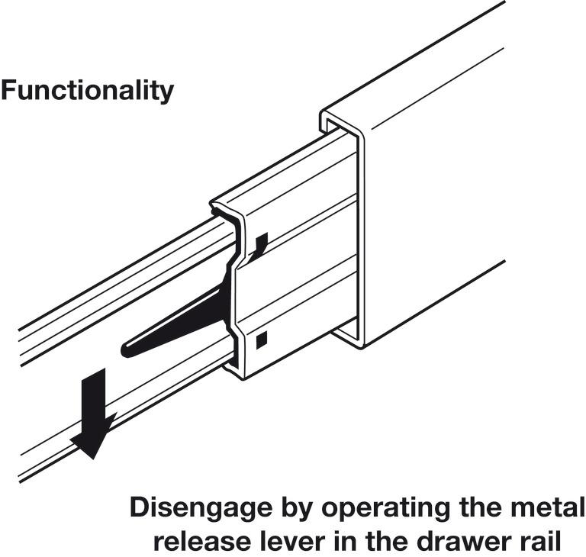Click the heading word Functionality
(88, 91)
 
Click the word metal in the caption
(548, 507)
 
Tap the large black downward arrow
(94, 413)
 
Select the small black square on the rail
(262, 340)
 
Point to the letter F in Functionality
(9, 90)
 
